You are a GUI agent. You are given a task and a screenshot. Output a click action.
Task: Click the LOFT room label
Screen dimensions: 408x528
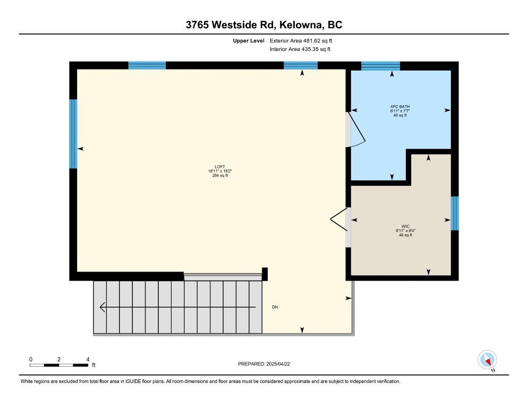[217, 166]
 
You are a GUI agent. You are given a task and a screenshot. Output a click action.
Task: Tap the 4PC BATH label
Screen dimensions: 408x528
[400, 106]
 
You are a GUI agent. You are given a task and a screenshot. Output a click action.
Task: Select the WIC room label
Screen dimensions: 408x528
[405, 226]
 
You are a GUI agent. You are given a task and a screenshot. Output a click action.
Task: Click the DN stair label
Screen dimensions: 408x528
[275, 308]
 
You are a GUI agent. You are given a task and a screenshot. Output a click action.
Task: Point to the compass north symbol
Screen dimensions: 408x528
[487, 360]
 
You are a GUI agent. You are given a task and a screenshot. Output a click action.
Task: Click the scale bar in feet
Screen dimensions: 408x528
[59, 365]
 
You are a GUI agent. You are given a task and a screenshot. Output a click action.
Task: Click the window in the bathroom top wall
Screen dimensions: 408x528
[380, 65]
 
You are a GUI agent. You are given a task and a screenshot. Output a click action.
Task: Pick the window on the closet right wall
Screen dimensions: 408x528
[455, 213]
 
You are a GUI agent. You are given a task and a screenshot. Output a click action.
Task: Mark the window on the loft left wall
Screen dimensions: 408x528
[73, 134]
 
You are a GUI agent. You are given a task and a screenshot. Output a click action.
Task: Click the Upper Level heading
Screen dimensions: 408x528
[249, 40]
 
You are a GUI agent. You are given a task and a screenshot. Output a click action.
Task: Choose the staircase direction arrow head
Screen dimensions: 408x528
[103, 307]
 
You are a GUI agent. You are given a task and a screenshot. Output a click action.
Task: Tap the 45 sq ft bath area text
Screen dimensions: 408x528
[400, 115]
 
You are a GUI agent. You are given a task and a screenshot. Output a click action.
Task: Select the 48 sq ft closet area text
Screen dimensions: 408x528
[405, 235]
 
